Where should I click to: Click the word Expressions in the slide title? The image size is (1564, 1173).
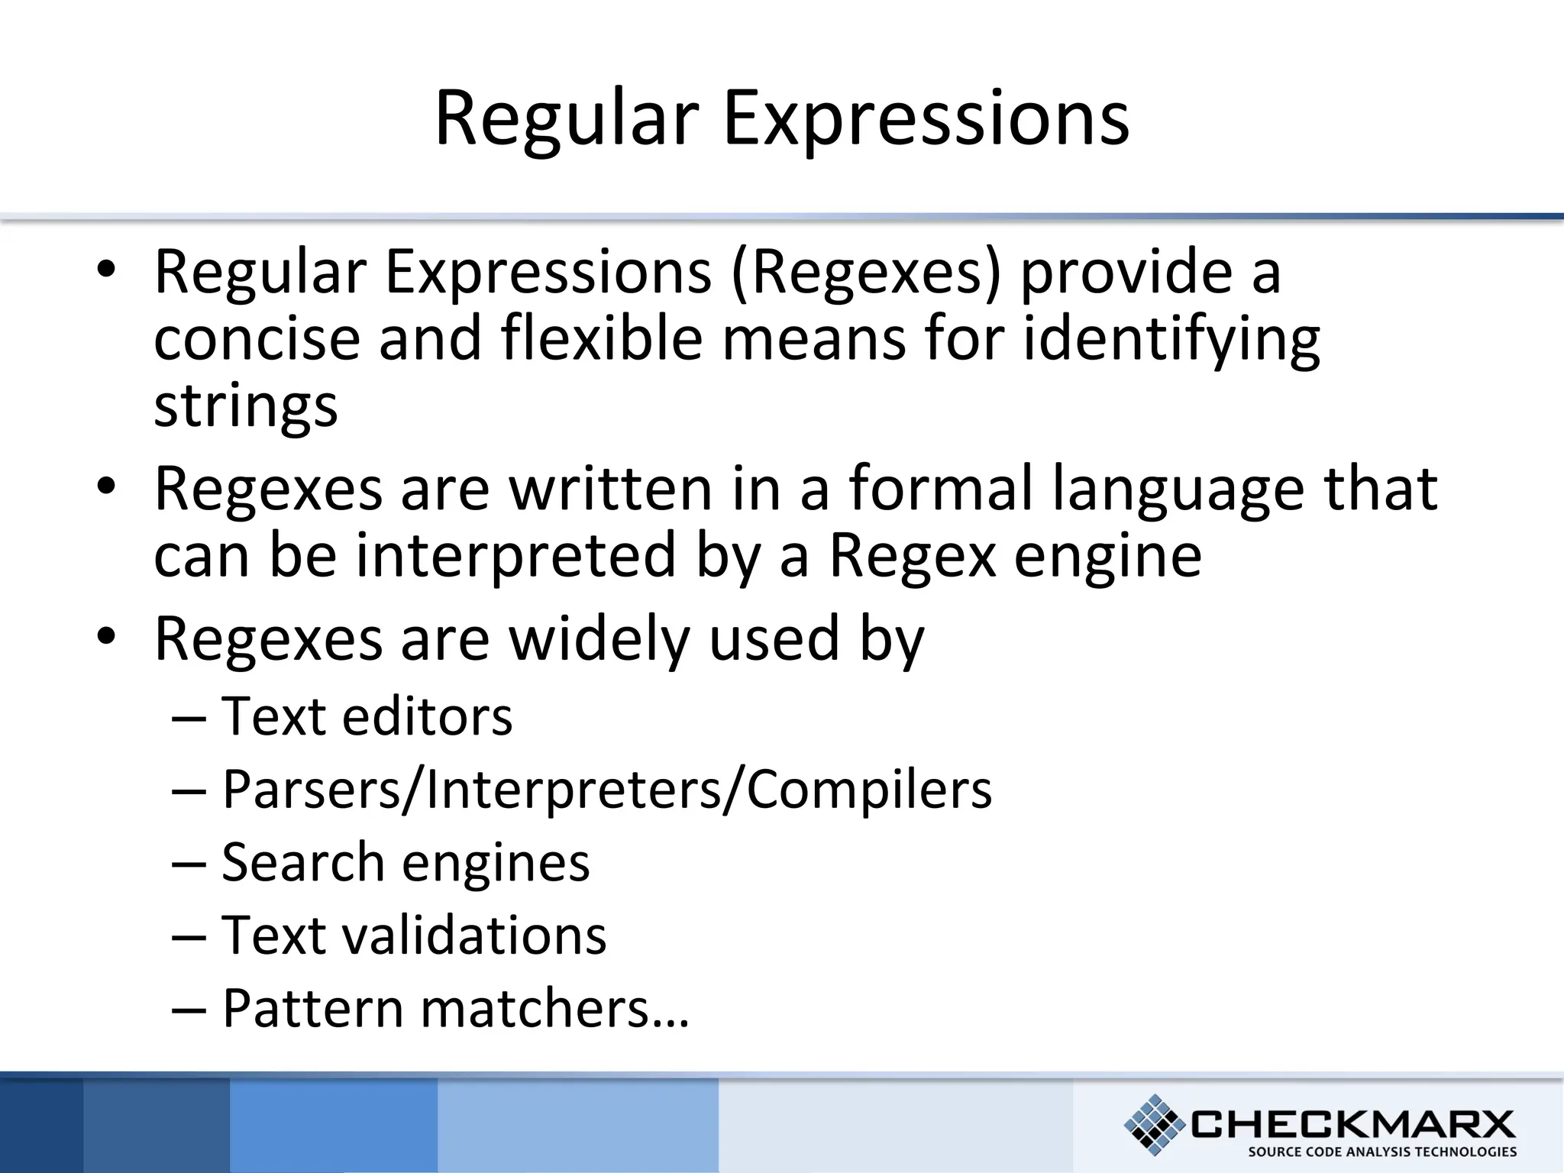point(926,118)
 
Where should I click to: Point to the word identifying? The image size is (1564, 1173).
point(1171,340)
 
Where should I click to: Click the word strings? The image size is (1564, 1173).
point(245,406)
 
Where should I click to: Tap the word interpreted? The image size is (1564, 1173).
point(516,556)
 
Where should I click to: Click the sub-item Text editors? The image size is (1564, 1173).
point(367,717)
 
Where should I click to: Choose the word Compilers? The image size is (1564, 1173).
point(869,790)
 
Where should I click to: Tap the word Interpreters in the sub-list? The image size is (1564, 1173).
point(573,790)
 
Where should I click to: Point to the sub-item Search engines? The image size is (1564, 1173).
point(406,863)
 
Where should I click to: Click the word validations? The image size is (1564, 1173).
point(474,935)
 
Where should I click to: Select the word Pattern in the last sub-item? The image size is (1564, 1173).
point(312,1009)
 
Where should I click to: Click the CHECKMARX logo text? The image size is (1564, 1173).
point(1352,1124)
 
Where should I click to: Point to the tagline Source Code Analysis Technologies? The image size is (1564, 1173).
point(1382,1152)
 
